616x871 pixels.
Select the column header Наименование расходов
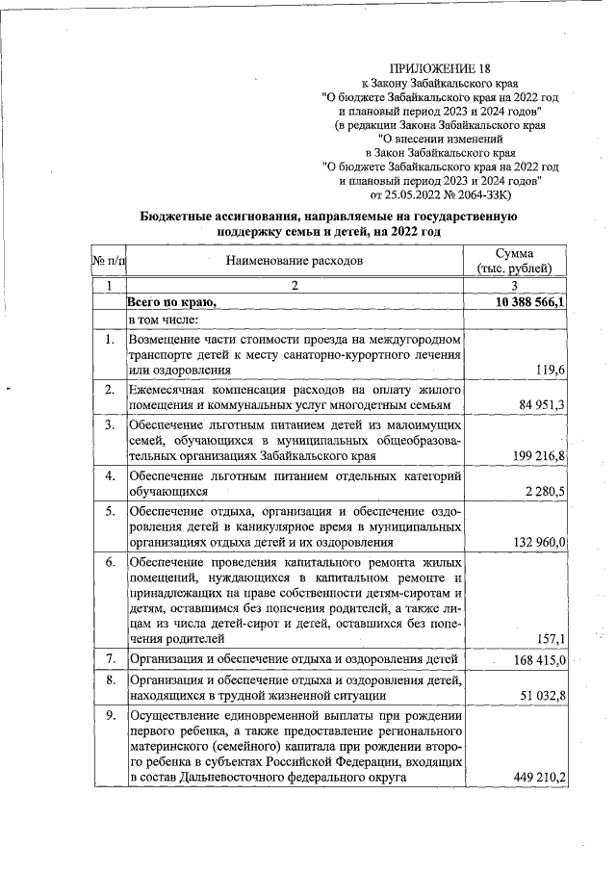[x=295, y=260]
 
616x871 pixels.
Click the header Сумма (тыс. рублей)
[x=521, y=260]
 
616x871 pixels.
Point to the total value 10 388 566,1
[x=529, y=302]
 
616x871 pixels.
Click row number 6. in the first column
[x=110, y=561]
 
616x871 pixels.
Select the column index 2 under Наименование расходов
[x=295, y=286]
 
